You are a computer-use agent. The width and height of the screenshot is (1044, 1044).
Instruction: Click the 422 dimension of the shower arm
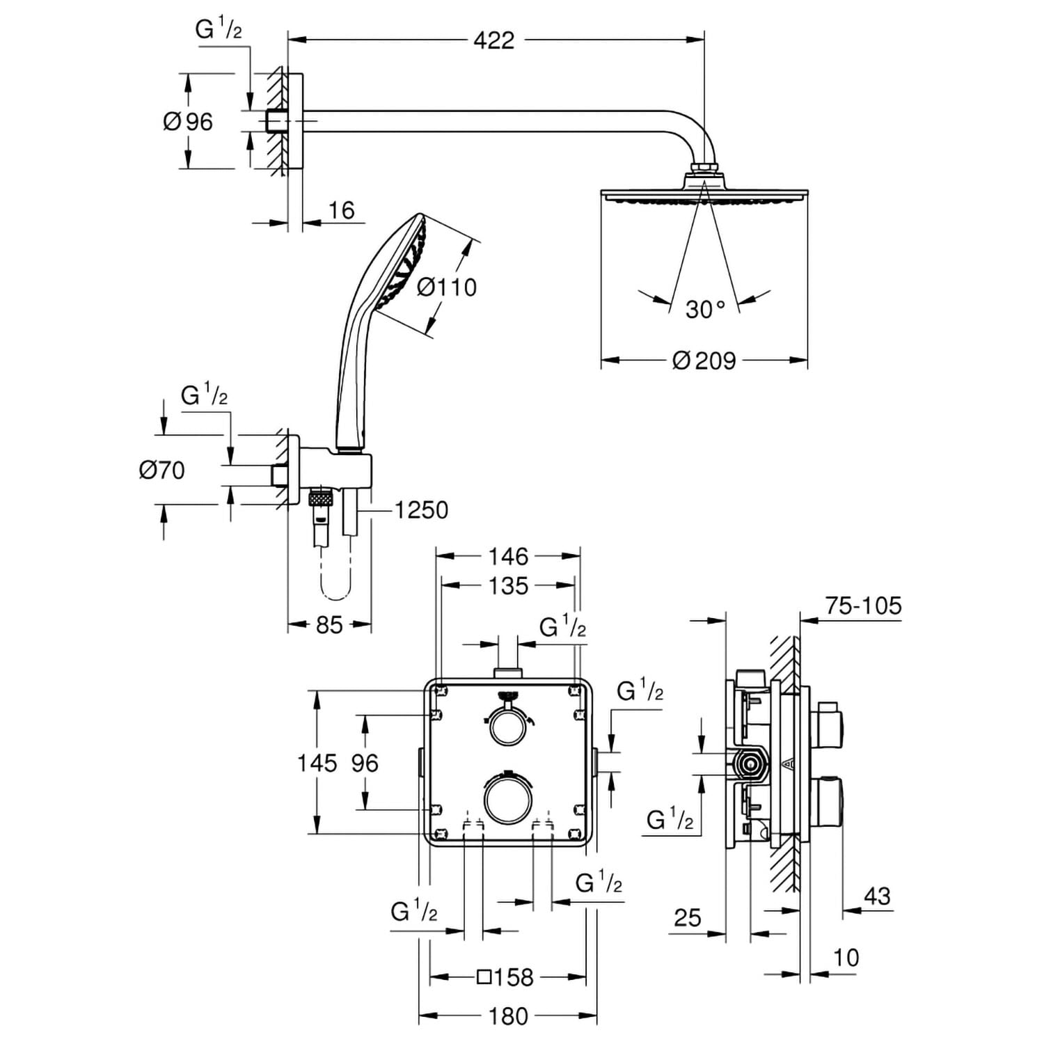(493, 40)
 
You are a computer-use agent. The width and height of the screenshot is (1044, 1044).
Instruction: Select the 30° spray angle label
(705, 308)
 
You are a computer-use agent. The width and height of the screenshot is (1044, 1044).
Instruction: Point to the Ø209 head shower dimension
(704, 361)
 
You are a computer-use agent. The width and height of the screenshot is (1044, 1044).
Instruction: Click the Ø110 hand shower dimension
(447, 287)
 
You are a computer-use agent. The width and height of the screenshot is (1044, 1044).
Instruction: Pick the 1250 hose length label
(421, 510)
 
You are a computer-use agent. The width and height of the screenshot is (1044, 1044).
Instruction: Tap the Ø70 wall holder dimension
(161, 470)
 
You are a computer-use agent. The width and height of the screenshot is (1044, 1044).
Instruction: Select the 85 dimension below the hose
(329, 625)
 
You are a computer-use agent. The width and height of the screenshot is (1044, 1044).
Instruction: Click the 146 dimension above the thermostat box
(509, 556)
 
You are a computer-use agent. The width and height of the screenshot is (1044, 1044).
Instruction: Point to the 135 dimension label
(509, 585)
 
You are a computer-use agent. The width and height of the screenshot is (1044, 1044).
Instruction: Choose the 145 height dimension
(317, 763)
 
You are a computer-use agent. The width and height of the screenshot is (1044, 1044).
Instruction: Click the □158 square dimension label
(505, 977)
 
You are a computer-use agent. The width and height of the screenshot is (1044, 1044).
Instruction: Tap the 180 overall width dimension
(509, 1016)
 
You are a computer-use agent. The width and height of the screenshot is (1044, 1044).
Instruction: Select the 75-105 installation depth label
(863, 606)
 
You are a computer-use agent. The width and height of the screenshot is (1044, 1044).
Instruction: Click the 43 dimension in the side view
(876, 896)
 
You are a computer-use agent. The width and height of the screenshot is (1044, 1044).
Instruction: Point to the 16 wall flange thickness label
(341, 209)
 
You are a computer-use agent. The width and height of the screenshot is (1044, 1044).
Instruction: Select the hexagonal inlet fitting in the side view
(750, 764)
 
